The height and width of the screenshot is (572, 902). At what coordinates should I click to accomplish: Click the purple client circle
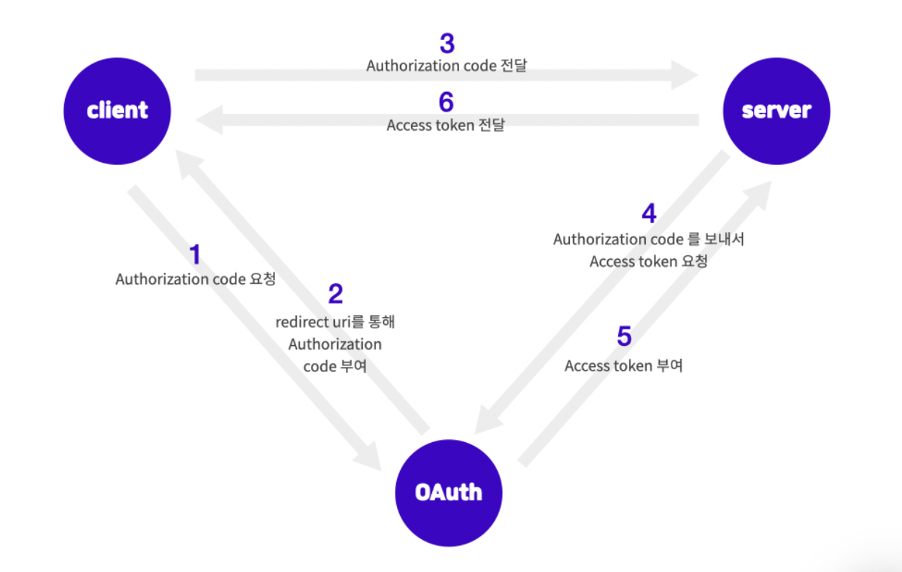pyautogui.click(x=117, y=111)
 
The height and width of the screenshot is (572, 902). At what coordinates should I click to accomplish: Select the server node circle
pyautogui.click(x=776, y=111)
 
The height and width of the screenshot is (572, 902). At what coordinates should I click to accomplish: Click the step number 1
pyautogui.click(x=195, y=255)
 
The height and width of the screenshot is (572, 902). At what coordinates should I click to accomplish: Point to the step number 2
pyautogui.click(x=335, y=294)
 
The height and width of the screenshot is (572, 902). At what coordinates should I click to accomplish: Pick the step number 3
pyautogui.click(x=447, y=44)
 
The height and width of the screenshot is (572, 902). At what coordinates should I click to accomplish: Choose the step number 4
pyautogui.click(x=649, y=214)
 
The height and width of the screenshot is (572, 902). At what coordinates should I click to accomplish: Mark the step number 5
pyautogui.click(x=624, y=337)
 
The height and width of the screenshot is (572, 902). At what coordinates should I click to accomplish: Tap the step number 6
pyautogui.click(x=446, y=103)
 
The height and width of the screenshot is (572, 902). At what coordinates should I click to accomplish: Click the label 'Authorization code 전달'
pyautogui.click(x=447, y=66)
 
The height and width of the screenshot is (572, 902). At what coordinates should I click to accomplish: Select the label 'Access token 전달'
pyautogui.click(x=445, y=125)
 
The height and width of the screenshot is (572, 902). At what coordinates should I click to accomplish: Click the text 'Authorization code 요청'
pyautogui.click(x=196, y=279)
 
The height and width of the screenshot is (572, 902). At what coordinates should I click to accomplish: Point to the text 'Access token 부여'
pyautogui.click(x=623, y=366)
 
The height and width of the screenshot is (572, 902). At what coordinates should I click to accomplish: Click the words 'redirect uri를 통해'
pyautogui.click(x=335, y=322)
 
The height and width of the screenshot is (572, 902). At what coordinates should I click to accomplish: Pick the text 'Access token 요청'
pyautogui.click(x=648, y=261)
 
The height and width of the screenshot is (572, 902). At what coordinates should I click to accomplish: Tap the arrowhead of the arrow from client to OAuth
pyautogui.click(x=369, y=456)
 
